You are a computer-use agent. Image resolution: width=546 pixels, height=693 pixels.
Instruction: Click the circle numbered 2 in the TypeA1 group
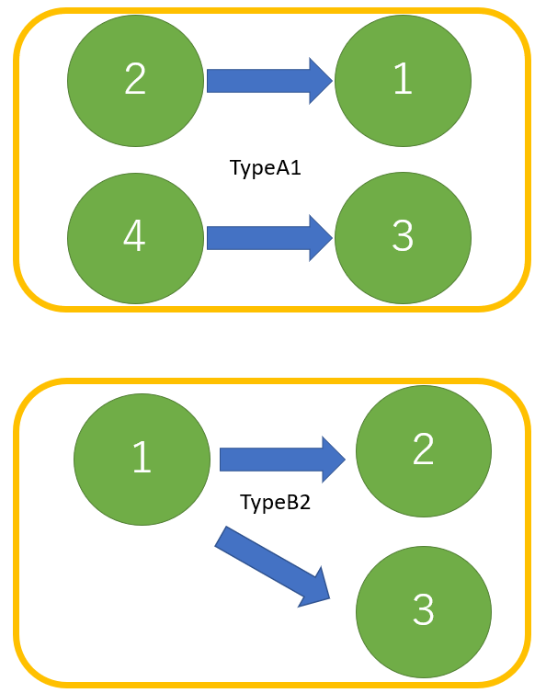135,80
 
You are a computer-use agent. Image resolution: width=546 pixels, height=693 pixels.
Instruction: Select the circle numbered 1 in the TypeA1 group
403,81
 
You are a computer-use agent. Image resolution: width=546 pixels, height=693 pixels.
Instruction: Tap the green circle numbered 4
135,238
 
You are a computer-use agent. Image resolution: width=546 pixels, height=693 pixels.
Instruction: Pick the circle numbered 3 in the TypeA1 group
403,238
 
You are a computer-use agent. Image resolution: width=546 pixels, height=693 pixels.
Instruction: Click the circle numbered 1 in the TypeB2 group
142,458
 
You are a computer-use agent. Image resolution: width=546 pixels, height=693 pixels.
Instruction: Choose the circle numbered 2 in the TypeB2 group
423,450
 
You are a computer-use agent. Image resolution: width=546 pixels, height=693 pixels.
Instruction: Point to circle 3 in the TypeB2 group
423,610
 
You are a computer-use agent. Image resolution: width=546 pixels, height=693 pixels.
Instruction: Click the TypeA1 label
265,169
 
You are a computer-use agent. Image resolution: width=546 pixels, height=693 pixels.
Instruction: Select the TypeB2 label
275,502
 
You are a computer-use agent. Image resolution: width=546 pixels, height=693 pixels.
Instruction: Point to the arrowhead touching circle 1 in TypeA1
320,81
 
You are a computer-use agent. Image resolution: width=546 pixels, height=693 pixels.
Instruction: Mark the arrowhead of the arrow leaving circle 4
320,238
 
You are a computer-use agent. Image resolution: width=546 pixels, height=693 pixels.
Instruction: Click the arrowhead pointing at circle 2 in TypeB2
332,459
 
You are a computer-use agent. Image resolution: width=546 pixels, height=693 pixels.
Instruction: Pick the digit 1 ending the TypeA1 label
296,169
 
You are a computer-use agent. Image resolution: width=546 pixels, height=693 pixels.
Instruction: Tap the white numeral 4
134,238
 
